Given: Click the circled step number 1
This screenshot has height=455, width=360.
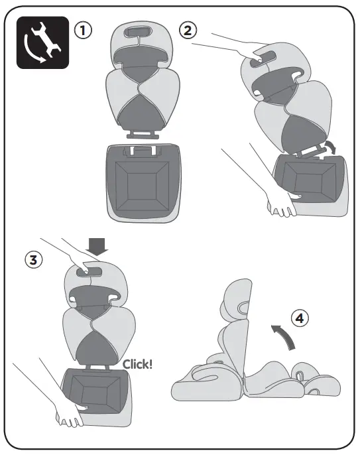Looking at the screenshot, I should pyautogui.click(x=83, y=31).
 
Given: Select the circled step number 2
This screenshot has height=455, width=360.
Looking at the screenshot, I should pyautogui.click(x=188, y=31).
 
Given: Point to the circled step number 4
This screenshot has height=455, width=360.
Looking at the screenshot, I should pyautogui.click(x=300, y=319).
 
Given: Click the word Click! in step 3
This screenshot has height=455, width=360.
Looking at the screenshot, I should pyautogui.click(x=138, y=363).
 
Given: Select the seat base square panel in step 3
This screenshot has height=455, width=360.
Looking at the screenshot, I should pyautogui.click(x=96, y=391).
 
